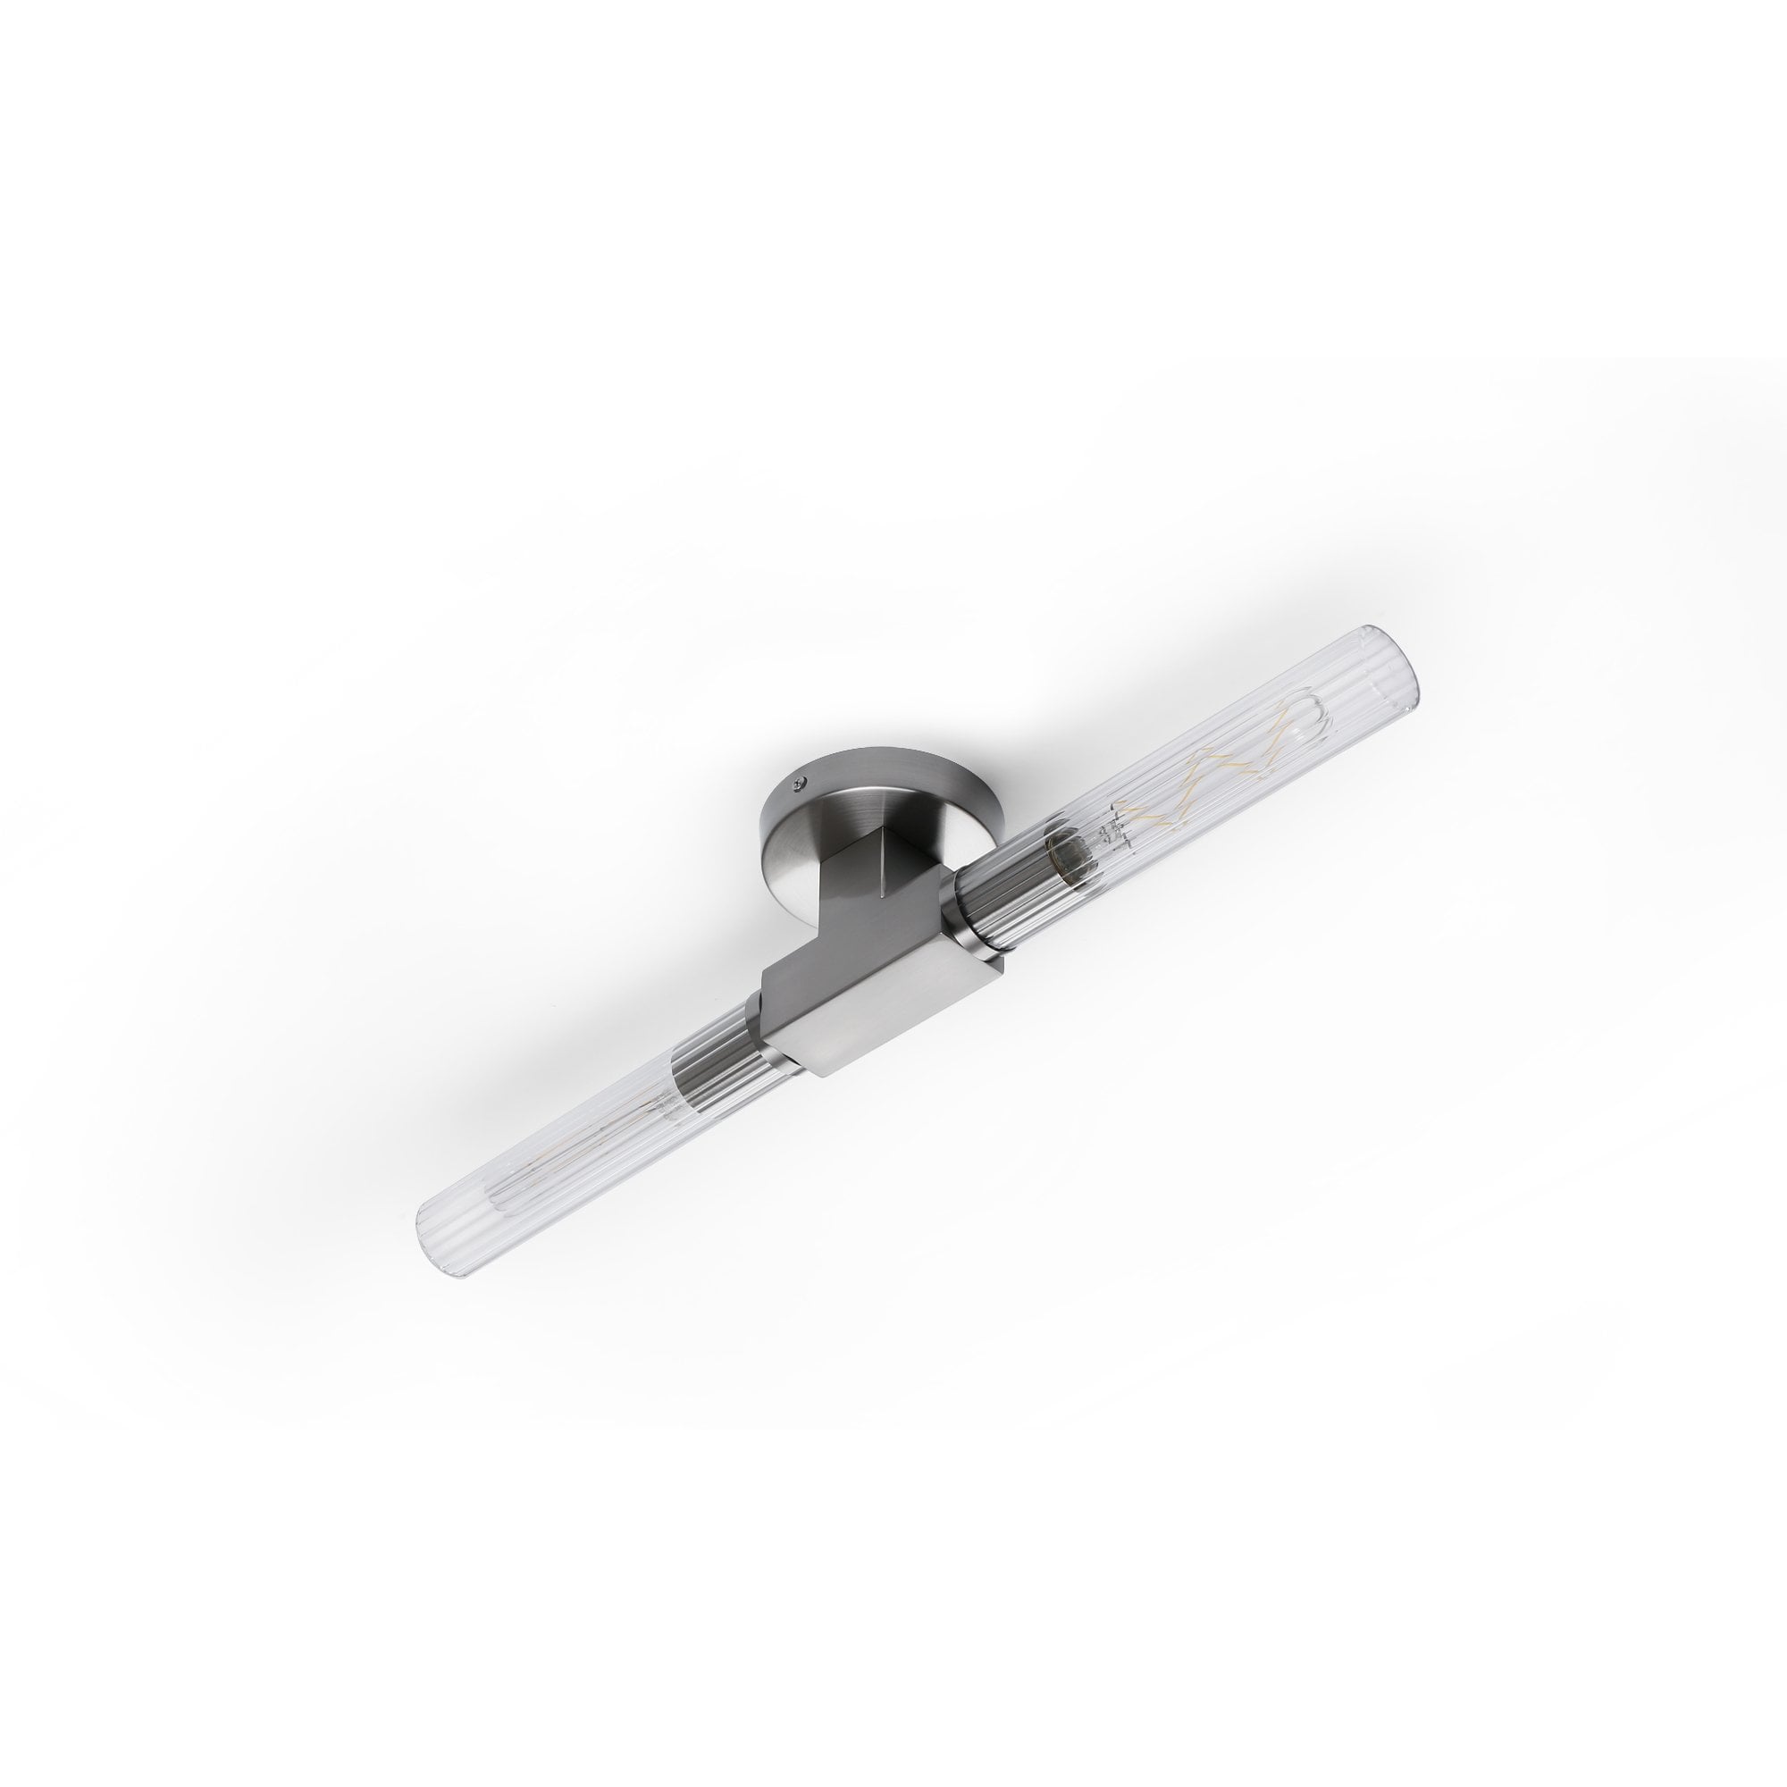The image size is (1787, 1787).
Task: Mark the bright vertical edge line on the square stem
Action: [883, 874]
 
